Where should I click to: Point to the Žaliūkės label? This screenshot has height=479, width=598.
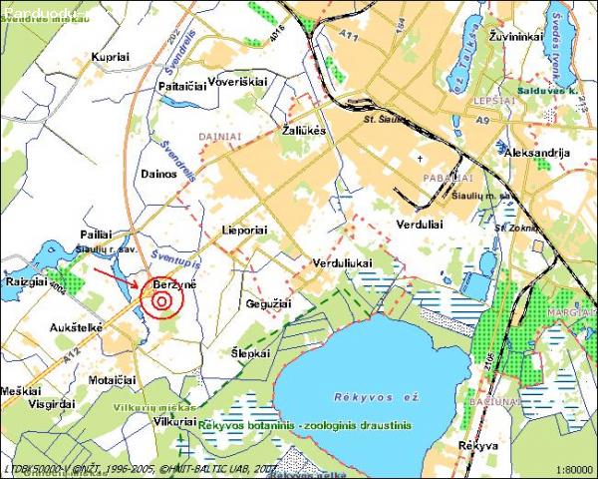pos(304,131)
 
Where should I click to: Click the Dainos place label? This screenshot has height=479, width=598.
pos(158,173)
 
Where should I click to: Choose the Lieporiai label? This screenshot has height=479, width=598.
pos(245,229)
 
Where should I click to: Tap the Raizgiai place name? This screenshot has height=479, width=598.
pos(25,282)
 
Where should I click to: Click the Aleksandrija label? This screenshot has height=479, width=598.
pos(538,153)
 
